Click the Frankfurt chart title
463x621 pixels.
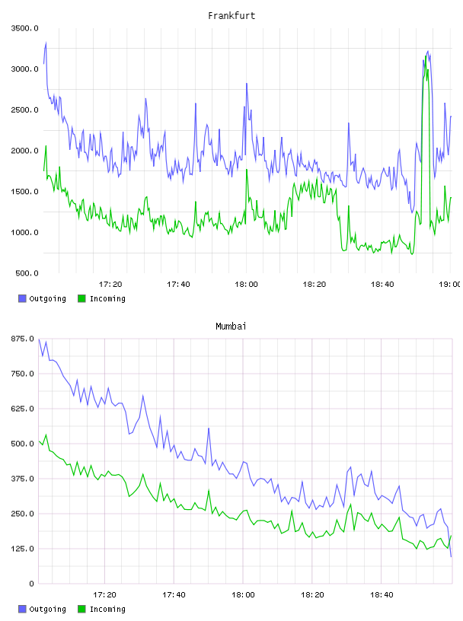[231, 16]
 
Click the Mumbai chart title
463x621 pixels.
[231, 326]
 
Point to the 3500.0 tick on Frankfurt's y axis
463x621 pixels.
[25, 28]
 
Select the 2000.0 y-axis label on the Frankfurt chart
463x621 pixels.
[25, 151]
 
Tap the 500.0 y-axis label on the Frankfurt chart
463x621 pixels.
[27, 273]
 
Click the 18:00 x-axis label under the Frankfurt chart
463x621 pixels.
[246, 285]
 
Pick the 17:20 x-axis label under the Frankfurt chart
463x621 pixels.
[110, 285]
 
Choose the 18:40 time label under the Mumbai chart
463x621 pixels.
[382, 595]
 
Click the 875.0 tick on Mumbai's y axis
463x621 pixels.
[23, 339]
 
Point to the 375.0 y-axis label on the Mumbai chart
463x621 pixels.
[23, 479]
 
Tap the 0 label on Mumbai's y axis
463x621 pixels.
[31, 584]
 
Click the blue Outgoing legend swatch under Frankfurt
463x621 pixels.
[22, 298]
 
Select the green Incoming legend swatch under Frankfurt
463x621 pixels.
[81, 298]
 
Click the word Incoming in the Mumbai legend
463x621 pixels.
[107, 609]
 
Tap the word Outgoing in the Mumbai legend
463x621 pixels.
[47, 609]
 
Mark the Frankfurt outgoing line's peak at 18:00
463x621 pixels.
[247, 84]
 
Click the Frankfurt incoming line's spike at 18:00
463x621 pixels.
[247, 170]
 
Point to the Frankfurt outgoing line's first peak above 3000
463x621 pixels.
[46, 43]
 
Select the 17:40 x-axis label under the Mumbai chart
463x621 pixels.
[174, 595]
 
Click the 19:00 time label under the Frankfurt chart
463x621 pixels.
[450, 285]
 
